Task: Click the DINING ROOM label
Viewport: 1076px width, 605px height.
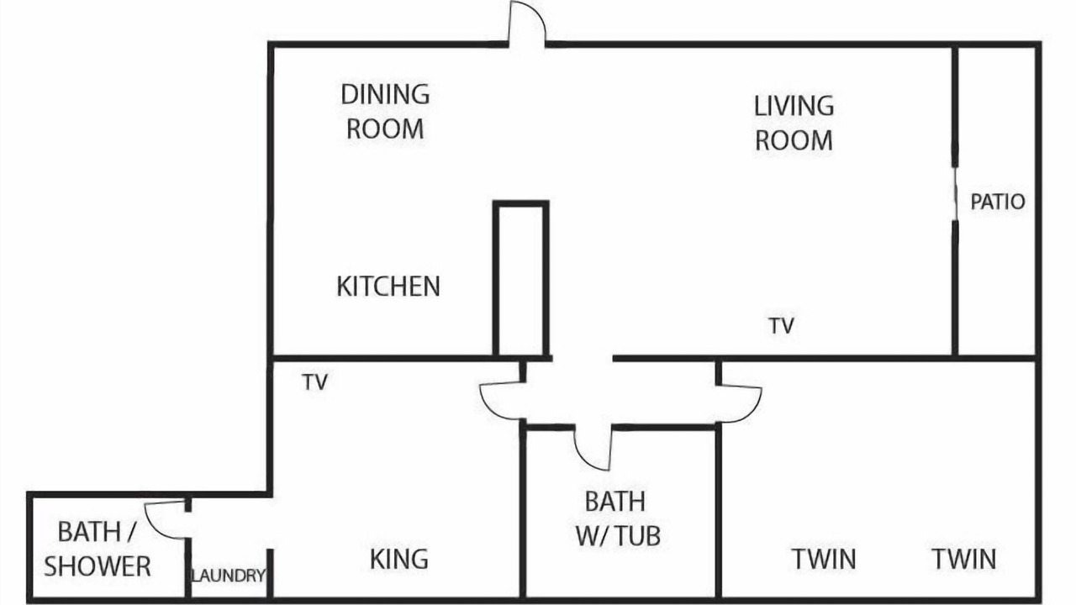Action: [x=385, y=112]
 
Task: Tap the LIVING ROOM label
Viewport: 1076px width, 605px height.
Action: [x=794, y=123]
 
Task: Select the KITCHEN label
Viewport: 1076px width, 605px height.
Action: [x=388, y=287]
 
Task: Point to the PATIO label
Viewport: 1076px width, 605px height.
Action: [x=998, y=202]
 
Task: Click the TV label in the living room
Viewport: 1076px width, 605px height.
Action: [x=781, y=325]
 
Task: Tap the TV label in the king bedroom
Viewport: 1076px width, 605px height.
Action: [x=315, y=382]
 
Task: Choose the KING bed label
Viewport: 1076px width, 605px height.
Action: [x=399, y=559]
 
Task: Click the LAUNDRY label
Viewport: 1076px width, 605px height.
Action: [x=228, y=576]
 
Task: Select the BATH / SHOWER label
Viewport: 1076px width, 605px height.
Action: [x=97, y=549]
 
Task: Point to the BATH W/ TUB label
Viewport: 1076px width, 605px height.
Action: [x=618, y=518]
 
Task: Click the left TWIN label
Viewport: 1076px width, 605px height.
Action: [x=824, y=559]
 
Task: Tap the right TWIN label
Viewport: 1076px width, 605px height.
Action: [x=964, y=559]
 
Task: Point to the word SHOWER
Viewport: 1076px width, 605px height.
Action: [x=97, y=566]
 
